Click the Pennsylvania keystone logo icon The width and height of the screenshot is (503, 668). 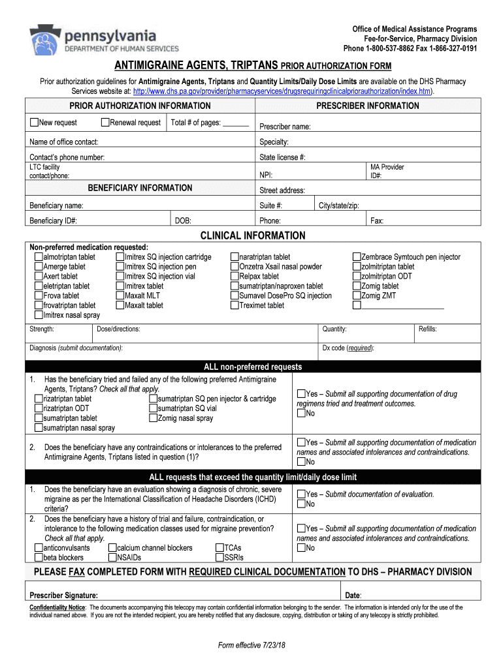pos(44,40)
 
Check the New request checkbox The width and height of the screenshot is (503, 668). pos(35,123)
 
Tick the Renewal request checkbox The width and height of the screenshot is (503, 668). pos(105,123)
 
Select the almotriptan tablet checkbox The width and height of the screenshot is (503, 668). pos(39,257)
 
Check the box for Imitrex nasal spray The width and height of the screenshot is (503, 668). pos(39,315)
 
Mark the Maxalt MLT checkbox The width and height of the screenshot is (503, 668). pos(120,296)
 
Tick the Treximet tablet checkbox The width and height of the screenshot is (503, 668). pos(235,305)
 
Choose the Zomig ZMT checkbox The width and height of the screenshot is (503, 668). pos(357,296)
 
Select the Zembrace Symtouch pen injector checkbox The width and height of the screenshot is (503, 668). pos(357,257)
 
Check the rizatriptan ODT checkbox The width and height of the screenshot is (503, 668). pos(39,408)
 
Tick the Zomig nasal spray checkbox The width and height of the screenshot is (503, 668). pos(153,418)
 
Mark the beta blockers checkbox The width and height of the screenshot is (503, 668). pos(39,558)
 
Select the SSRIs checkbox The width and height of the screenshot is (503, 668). pos(219,558)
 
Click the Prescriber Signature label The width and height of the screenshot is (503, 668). pos(64,595)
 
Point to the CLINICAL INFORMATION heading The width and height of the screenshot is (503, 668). pos(252,235)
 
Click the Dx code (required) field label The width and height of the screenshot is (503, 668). pos(348,348)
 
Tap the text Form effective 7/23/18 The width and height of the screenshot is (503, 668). pos(252,645)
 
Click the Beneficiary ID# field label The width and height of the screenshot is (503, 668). pos(54,220)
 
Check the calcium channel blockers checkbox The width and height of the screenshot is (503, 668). pos(112,548)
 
